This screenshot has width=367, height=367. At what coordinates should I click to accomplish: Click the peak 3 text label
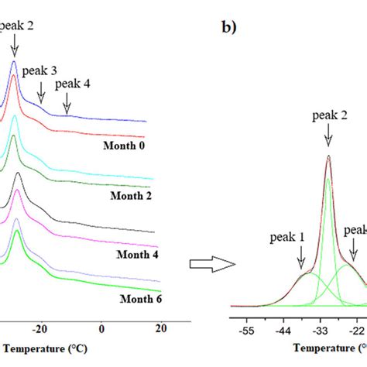click(41, 71)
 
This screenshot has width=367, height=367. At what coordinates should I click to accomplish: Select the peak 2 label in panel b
click(329, 115)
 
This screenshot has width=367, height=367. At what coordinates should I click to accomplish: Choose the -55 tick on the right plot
click(245, 329)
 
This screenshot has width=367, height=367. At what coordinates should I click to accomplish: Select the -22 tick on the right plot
click(357, 329)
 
